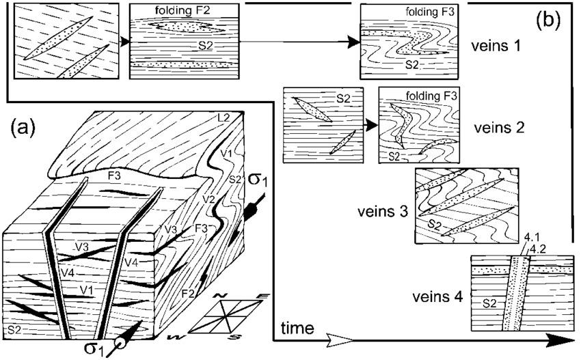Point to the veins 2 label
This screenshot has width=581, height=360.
pos(499,127)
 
